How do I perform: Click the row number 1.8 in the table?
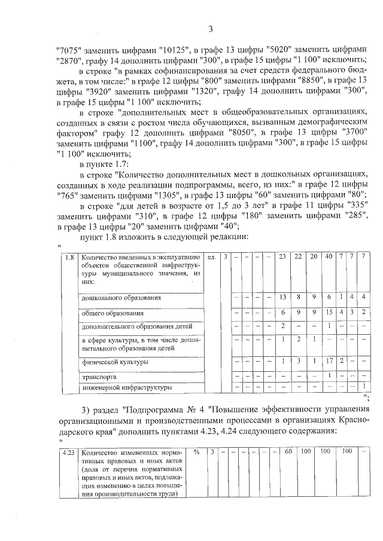click(69, 257)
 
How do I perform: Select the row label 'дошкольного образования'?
click(121, 297)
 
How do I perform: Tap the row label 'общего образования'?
click(113, 313)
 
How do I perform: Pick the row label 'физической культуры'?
click(115, 362)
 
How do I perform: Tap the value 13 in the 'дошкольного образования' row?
click(282, 297)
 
